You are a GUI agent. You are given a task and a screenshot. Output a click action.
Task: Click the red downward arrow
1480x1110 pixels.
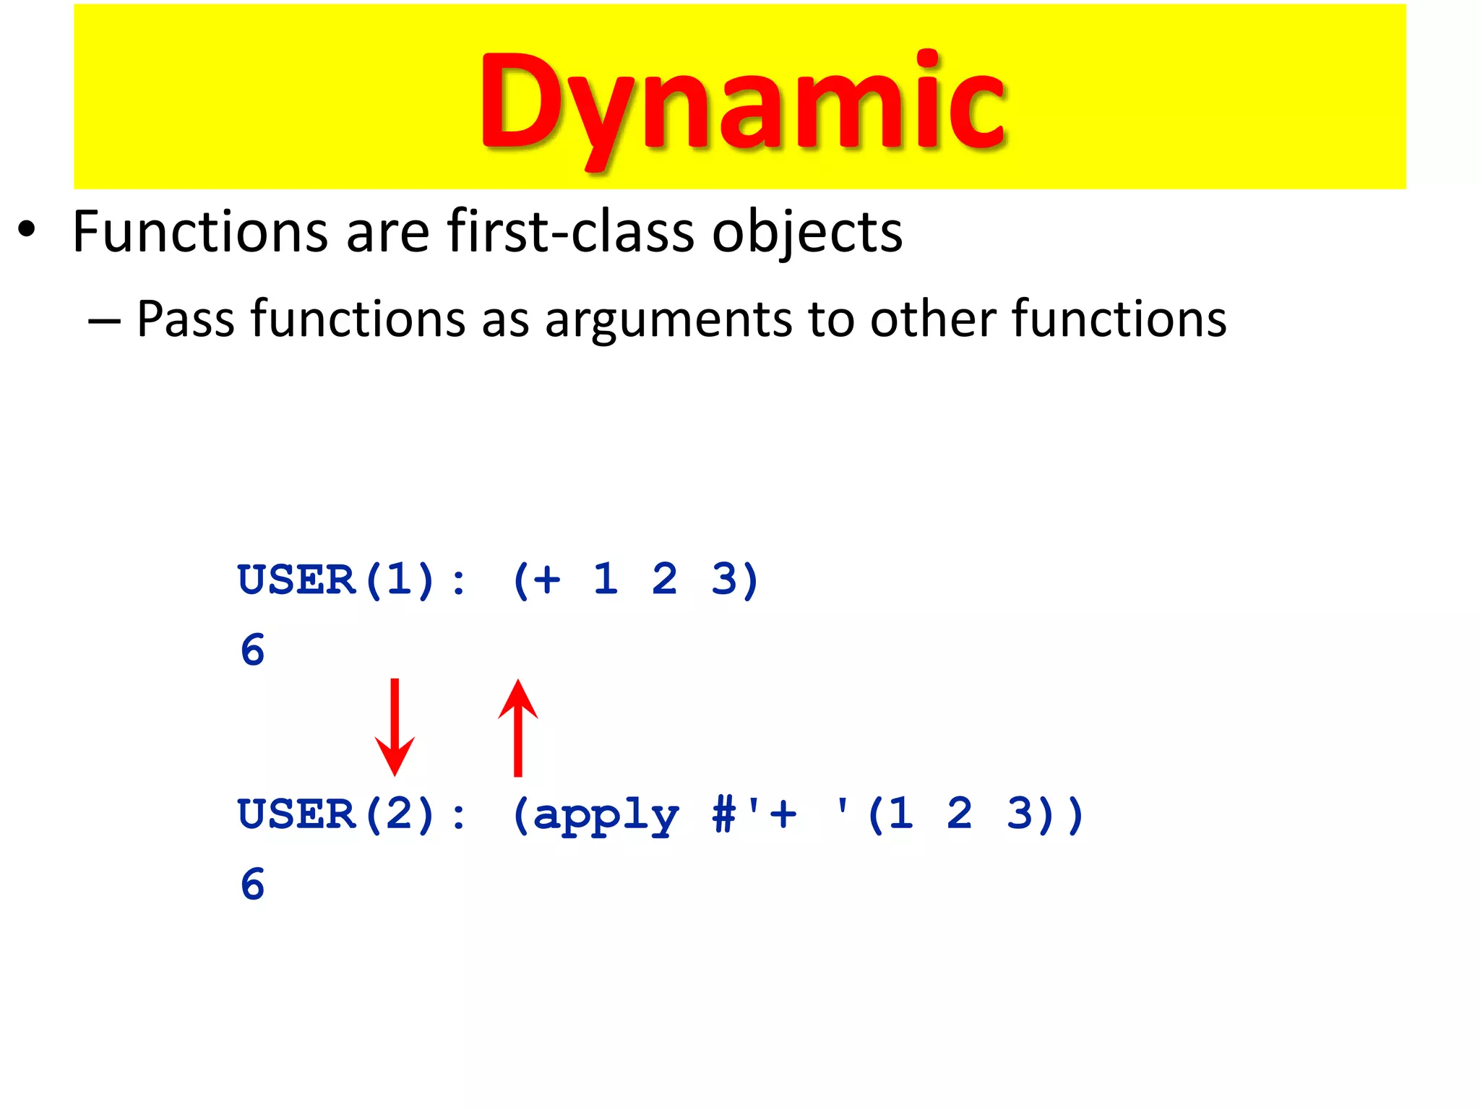(395, 726)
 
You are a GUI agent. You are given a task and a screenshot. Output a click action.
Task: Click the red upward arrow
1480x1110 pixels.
(517, 726)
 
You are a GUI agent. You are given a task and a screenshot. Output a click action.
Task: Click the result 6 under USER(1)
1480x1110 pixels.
(253, 650)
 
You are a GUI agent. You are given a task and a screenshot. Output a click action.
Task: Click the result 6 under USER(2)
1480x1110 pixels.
(253, 884)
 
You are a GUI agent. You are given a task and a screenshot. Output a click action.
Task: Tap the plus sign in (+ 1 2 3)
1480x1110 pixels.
(547, 580)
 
